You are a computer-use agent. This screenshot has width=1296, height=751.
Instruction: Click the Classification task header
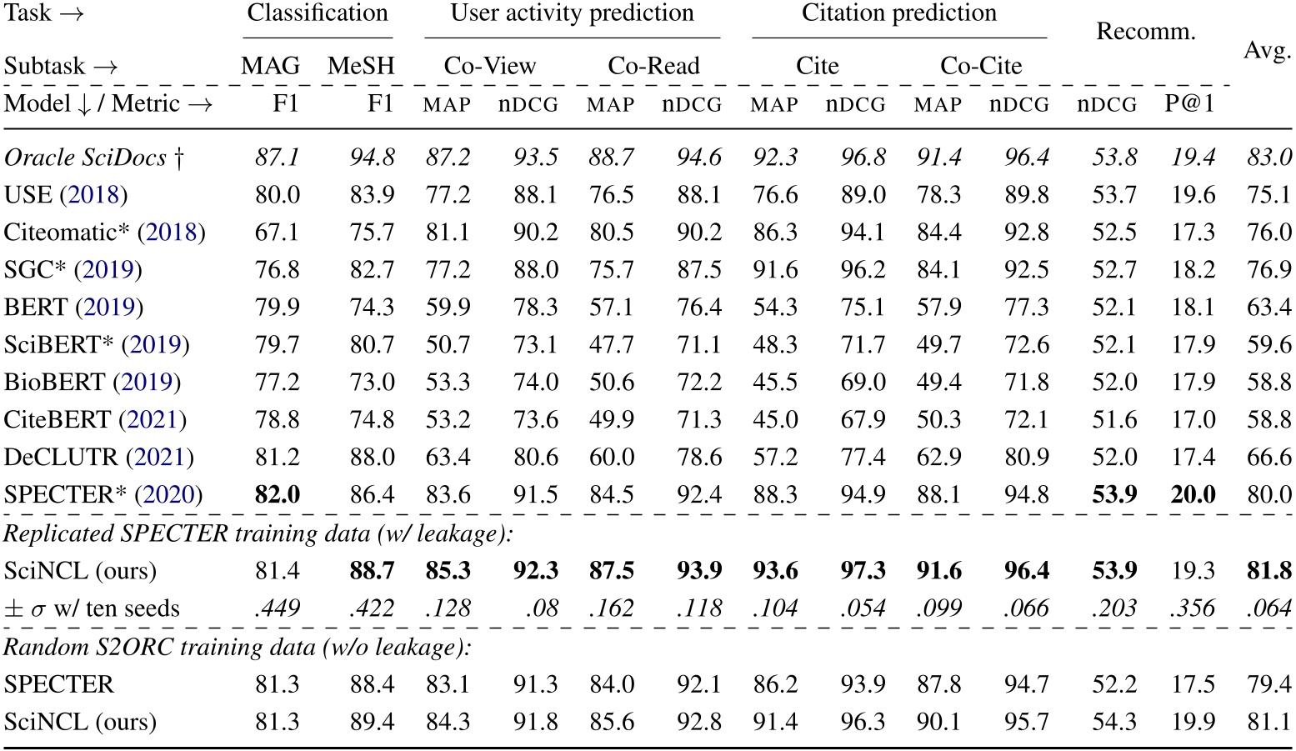pos(318,14)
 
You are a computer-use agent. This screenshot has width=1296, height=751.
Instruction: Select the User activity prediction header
pos(572,14)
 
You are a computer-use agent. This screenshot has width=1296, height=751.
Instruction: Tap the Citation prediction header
pos(898,14)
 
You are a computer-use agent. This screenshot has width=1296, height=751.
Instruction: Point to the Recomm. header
pos(1145,33)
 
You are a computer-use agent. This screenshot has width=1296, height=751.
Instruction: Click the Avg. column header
pos(1267,51)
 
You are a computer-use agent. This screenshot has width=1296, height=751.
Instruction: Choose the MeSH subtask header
pos(360,66)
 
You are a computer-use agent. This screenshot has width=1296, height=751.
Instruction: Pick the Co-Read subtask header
pos(653,66)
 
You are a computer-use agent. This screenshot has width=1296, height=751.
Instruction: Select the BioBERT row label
pos(92,383)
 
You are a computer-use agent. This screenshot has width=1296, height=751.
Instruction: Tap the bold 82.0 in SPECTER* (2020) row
pos(278,495)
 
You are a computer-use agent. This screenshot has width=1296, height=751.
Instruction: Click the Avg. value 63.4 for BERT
pos(1268,308)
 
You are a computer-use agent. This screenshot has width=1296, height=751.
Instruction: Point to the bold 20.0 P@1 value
pos(1193,495)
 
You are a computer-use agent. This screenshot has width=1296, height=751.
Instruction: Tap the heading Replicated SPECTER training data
pos(258,533)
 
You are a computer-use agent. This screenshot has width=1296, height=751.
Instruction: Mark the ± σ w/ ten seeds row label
pos(92,609)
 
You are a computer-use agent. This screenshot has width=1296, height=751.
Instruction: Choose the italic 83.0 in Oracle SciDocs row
pos(1268,158)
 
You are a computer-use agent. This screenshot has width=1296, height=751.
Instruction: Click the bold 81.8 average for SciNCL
pos(1268,571)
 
